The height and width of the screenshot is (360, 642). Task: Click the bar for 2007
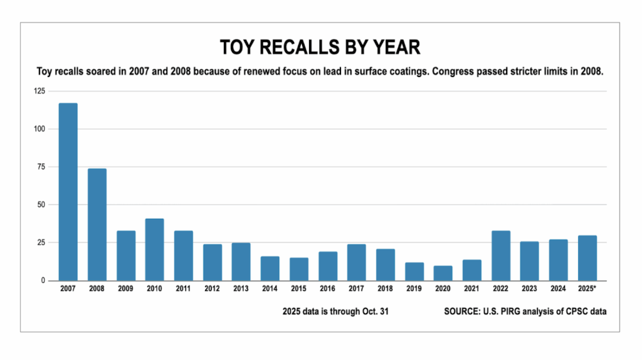tap(68, 191)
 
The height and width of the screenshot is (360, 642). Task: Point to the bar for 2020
tap(443, 273)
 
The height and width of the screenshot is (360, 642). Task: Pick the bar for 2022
tap(500, 255)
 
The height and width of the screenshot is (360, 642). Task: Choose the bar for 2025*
tap(587, 258)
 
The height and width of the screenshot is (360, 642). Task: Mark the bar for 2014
tap(270, 268)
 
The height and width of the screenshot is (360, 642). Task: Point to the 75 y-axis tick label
tap(41, 167)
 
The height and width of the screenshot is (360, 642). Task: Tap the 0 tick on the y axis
tap(43, 280)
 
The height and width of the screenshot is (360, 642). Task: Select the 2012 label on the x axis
tap(212, 290)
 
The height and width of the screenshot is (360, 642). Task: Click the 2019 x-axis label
tap(414, 290)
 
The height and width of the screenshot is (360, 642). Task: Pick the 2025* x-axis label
tap(587, 290)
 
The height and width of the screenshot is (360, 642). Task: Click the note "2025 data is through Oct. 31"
tap(336, 311)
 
